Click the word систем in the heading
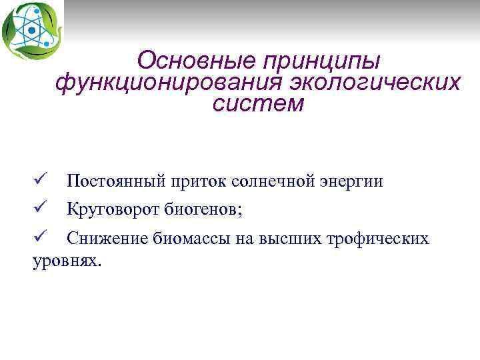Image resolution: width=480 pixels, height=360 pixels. click(258, 104)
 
